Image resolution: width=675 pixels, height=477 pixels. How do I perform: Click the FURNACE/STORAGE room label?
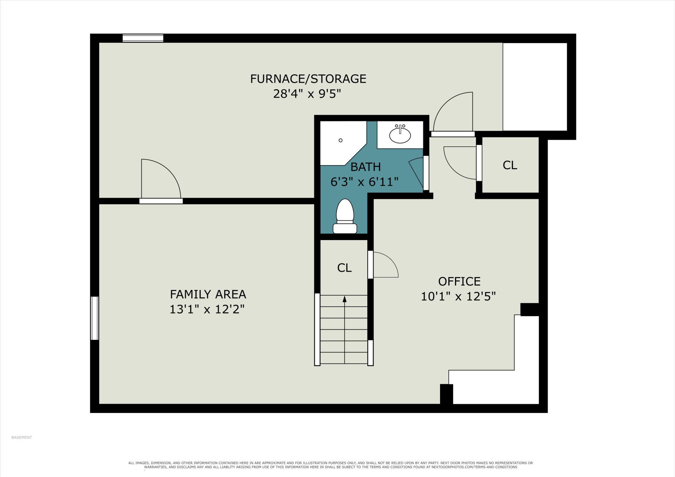[x=308, y=79]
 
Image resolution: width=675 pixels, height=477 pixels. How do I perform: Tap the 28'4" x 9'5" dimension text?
[x=307, y=94]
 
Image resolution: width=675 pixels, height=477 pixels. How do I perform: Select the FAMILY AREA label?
[x=208, y=294]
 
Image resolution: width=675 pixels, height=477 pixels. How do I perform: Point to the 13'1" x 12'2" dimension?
[x=207, y=309]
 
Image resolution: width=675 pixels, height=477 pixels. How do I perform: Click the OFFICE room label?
[x=459, y=281]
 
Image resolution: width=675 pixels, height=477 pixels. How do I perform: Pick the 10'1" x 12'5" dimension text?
[x=458, y=296]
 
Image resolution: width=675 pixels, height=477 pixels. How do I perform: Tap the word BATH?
[x=365, y=167]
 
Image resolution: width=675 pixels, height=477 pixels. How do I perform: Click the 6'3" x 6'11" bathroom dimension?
[x=364, y=182]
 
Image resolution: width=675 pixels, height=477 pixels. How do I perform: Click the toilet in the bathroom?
[x=345, y=216]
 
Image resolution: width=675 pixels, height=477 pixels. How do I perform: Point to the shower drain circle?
[x=340, y=140]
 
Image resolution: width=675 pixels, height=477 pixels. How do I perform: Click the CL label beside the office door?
[x=510, y=165]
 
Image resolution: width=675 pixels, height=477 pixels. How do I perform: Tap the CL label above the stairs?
[x=344, y=268]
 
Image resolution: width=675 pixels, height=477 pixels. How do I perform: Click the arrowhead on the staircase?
[x=345, y=299]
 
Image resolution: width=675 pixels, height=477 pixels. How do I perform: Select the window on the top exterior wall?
[x=143, y=38]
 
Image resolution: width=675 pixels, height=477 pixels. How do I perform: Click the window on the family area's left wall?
[x=94, y=318]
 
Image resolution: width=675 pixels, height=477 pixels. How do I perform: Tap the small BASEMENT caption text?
[x=22, y=437]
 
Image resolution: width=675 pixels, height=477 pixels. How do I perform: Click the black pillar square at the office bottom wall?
[x=447, y=394]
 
